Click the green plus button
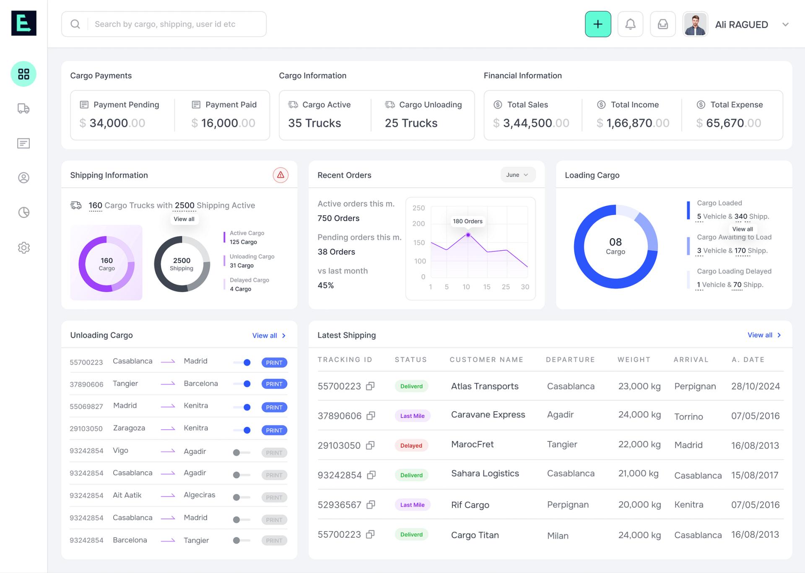click(597, 24)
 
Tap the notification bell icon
click(630, 24)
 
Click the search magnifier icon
click(75, 24)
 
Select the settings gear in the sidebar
click(24, 248)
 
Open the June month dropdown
click(517, 175)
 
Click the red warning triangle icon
click(280, 175)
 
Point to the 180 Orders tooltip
click(467, 221)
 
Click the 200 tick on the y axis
click(418, 224)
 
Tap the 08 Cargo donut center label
click(615, 246)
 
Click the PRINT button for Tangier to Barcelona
click(274, 384)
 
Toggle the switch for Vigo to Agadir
click(241, 453)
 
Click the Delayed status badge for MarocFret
click(411, 446)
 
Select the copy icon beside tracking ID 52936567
click(371, 505)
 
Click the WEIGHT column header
click(634, 360)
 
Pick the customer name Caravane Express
click(488, 415)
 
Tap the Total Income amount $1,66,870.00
click(633, 123)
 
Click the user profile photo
click(695, 24)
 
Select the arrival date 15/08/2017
click(754, 475)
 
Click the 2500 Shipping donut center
click(182, 264)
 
